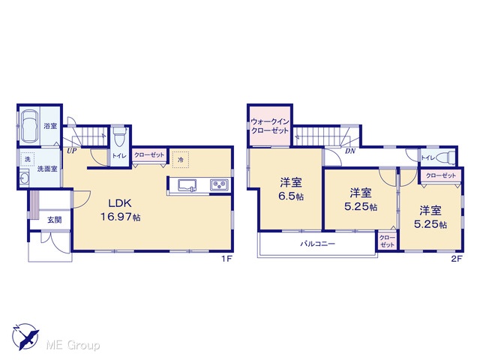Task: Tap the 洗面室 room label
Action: coord(47,169)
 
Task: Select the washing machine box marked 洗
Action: coord(28,159)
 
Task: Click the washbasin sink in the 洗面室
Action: coord(24,178)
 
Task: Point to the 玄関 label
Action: coord(55,220)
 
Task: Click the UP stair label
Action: coord(72,151)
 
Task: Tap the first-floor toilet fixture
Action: coord(119,136)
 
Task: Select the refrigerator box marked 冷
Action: coord(181,160)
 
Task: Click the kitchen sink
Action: coord(187,185)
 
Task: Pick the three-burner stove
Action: coord(219,185)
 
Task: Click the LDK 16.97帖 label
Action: coord(121,210)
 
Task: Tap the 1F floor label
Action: coord(227,259)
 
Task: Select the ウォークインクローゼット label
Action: coord(270,126)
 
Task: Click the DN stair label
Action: coord(350,151)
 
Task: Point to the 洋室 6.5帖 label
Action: coord(291,190)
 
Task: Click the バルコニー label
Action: coord(317,244)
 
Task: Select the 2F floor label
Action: coord(457,259)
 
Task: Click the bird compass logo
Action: coord(25,336)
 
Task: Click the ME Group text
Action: coord(73,346)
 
